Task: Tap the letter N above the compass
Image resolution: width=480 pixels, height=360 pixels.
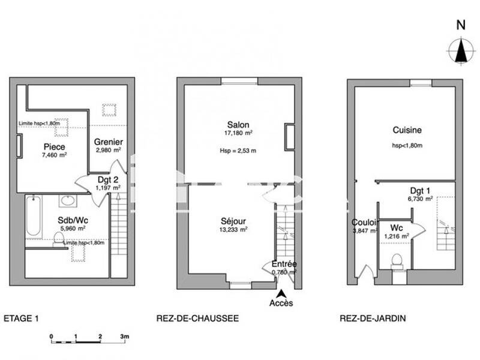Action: click(x=461, y=25)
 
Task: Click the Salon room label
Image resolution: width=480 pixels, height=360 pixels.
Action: click(x=238, y=125)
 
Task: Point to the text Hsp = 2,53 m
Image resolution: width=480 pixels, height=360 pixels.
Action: click(x=238, y=151)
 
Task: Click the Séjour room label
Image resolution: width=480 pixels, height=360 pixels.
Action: click(x=233, y=221)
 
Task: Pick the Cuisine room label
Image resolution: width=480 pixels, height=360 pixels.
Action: click(x=407, y=130)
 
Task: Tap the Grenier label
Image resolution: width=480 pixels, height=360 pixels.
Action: click(x=109, y=142)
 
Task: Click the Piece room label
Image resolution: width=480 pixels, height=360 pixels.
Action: click(x=54, y=146)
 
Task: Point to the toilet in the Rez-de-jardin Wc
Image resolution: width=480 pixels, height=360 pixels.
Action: click(x=396, y=260)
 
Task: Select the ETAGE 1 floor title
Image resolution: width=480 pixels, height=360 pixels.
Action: click(x=21, y=319)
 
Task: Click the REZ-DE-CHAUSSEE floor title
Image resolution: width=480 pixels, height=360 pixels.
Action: click(x=197, y=319)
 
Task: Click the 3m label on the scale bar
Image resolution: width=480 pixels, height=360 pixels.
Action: click(x=124, y=336)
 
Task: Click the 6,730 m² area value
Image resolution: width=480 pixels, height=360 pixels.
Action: click(x=420, y=199)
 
